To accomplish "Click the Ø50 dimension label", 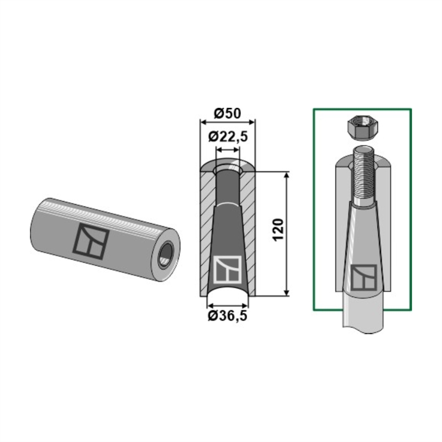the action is pyautogui.click(x=228, y=113).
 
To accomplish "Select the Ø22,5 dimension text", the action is pyautogui.click(x=228, y=136).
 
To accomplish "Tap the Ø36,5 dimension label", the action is pyautogui.click(x=228, y=315).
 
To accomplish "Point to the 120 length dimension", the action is pyautogui.click(x=278, y=229).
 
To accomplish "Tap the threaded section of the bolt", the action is pyautogui.click(x=364, y=175).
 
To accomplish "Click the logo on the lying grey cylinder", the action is pyautogui.click(x=91, y=241).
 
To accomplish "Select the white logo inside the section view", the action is pyautogui.click(x=228, y=269).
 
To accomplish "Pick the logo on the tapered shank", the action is pyautogui.click(x=364, y=277).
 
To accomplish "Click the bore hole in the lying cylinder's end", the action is pyautogui.click(x=166, y=253).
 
